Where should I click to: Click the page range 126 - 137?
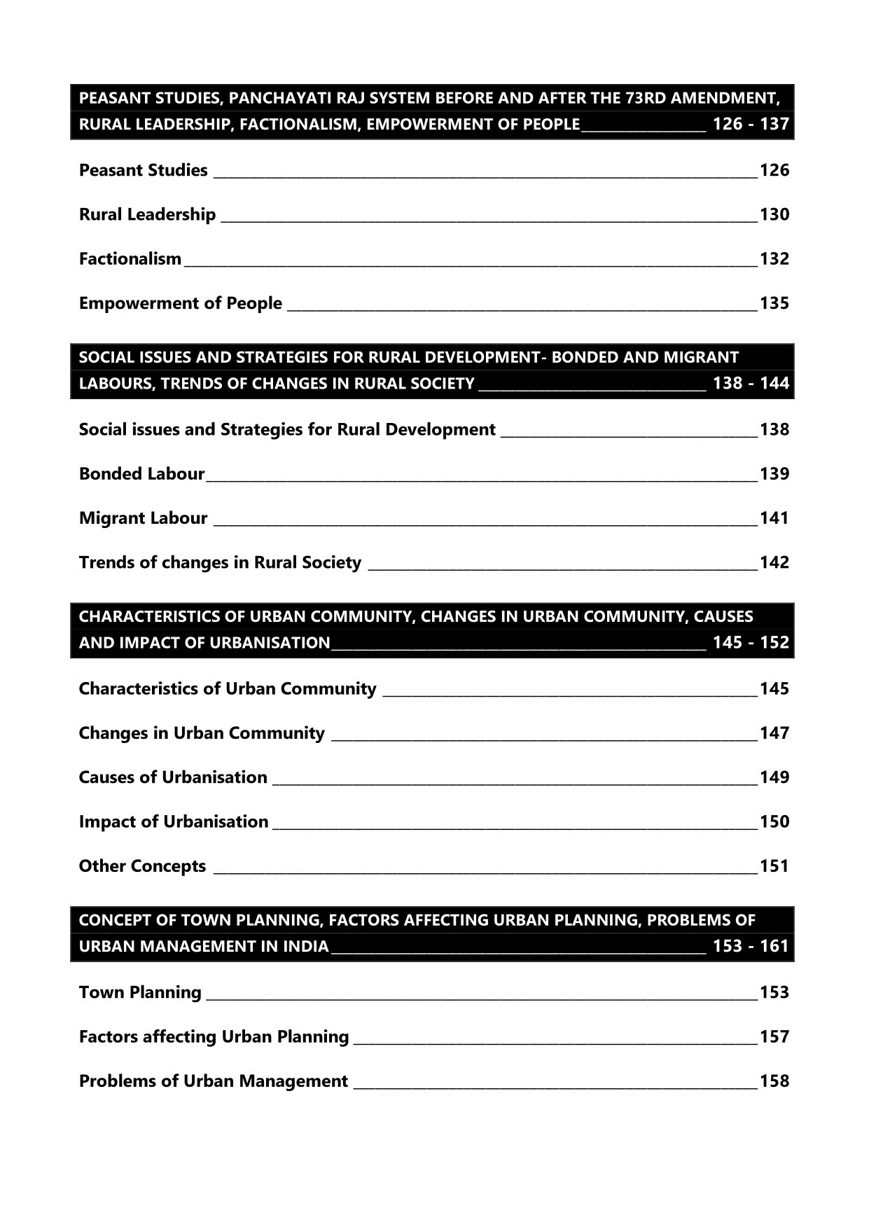[x=751, y=125]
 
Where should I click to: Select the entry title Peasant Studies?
[x=143, y=170]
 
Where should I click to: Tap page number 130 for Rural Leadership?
[x=774, y=214]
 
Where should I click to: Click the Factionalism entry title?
[x=130, y=259]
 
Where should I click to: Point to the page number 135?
[x=774, y=303]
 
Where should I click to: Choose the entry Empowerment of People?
[x=180, y=303]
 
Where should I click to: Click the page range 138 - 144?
[x=751, y=384]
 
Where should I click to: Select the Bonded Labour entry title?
[x=141, y=474]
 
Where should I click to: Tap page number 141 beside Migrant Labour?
[x=774, y=518]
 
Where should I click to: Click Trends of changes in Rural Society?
[x=220, y=562]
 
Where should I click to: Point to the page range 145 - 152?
[x=751, y=643]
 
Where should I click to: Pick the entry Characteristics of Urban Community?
[x=228, y=689]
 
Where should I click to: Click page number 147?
[x=774, y=733]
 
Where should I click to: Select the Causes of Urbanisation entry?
[x=173, y=777]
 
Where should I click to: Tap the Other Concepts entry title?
[x=142, y=866]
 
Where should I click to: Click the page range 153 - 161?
[x=751, y=946]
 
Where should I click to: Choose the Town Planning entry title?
[x=140, y=992]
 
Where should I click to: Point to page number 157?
[x=774, y=1036]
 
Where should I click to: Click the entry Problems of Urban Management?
[x=213, y=1081]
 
